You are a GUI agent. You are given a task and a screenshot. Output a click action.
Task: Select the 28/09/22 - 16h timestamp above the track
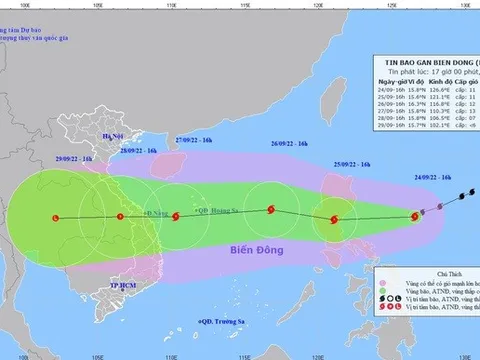pyautogui.click(x=137, y=150)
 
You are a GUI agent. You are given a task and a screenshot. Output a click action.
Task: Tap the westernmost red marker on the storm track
pyautogui.click(x=54, y=217)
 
